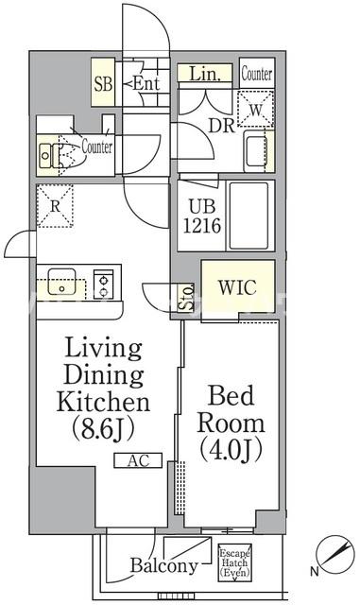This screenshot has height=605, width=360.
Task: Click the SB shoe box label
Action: pyautogui.click(x=103, y=83)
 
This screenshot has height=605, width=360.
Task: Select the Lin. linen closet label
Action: pyautogui.click(x=204, y=75)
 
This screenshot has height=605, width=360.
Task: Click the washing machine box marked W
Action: pyautogui.click(x=255, y=109)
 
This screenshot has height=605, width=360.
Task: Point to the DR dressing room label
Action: pyautogui.click(x=221, y=125)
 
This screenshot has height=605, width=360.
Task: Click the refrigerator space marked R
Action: pyautogui.click(x=55, y=206)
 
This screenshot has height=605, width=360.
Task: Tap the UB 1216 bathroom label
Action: pyautogui.click(x=202, y=216)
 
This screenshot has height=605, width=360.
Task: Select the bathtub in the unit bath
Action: pyautogui.click(x=249, y=216)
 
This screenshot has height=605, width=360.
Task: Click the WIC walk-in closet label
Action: pyautogui.click(x=237, y=287)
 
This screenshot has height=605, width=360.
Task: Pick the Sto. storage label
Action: pyautogui.click(x=186, y=298)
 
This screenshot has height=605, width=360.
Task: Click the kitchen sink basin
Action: pyautogui.click(x=61, y=282)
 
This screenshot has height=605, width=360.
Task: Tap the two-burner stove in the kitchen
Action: pyautogui.click(x=103, y=284)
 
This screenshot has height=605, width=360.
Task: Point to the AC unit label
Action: pyautogui.click(x=138, y=460)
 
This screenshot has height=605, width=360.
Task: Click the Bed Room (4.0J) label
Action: pyautogui.click(x=231, y=423)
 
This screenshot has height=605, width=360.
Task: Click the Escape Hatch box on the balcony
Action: pyautogui.click(x=234, y=562)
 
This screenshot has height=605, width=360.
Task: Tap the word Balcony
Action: pyautogui.click(x=164, y=565)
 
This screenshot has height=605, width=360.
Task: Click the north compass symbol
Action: pyautogui.click(x=334, y=555)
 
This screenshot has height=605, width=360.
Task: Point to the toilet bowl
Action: pyautogui.click(x=71, y=153)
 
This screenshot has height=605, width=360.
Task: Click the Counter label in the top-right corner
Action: pyautogui.click(x=257, y=74)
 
